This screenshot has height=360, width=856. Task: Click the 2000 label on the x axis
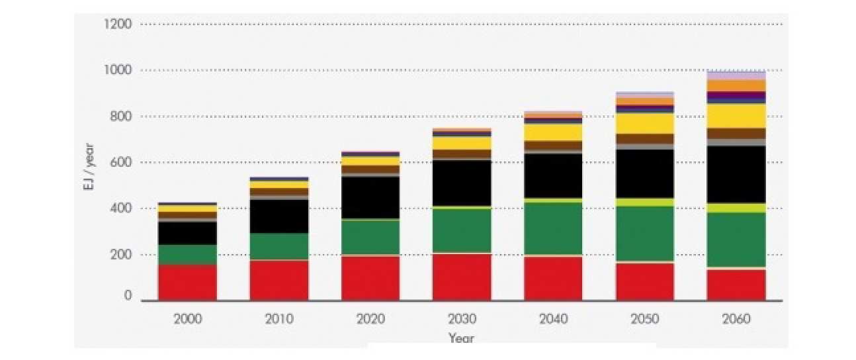188,319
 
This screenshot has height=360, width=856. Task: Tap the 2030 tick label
462,319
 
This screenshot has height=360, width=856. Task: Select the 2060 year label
736,319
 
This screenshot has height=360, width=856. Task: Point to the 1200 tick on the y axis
118,24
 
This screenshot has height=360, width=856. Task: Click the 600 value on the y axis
121,162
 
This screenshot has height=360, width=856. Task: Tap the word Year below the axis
461,338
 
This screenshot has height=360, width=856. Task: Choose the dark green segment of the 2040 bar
553,228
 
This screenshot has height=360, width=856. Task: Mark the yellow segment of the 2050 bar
644,123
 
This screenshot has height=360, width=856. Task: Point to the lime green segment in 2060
736,208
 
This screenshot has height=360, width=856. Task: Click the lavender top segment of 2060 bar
736,75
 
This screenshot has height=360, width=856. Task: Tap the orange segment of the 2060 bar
736,85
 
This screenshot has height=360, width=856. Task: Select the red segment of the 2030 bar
462,277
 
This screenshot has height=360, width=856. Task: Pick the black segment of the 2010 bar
279,216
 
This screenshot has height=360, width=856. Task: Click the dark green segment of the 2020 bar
370,237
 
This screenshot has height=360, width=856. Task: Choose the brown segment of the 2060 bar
736,133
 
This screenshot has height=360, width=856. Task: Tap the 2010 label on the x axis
279,319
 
